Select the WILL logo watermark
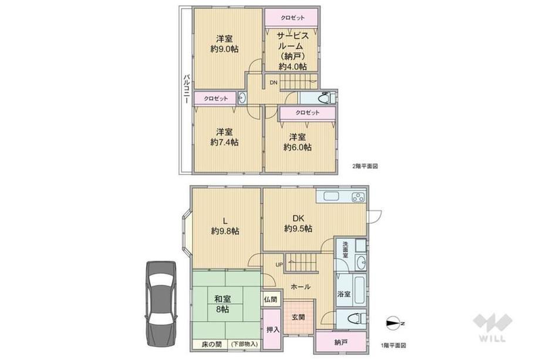click(x=491, y=327)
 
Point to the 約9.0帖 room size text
click(x=224, y=49)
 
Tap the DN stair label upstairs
click(x=274, y=83)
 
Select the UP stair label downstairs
click(x=279, y=265)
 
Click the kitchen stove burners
click(x=358, y=197)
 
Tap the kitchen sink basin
click(x=331, y=196)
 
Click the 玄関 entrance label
click(x=299, y=317)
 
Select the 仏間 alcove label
click(x=271, y=300)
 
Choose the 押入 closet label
click(x=273, y=329)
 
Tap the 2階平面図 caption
click(x=365, y=166)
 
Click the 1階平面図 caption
click(x=393, y=345)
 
